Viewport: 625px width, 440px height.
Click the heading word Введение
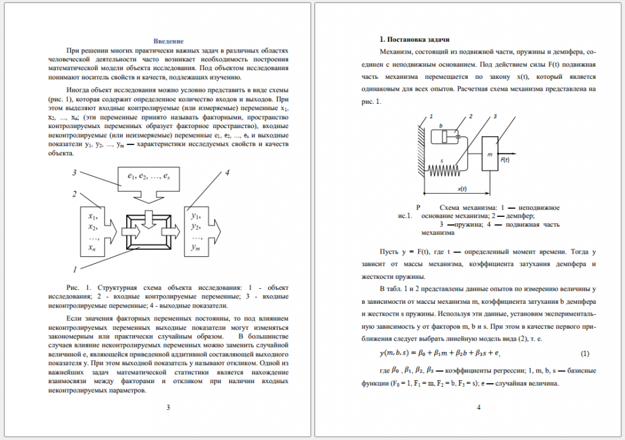169,41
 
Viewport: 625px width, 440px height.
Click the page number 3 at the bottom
167,408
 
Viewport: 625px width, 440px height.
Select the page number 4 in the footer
478,408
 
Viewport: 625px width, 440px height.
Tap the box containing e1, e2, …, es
149,179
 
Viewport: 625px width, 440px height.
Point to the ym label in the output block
196,247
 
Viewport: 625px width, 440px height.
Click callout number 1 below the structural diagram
75,270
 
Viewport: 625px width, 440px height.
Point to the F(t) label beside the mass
504,160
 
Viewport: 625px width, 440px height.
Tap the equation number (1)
585,354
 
